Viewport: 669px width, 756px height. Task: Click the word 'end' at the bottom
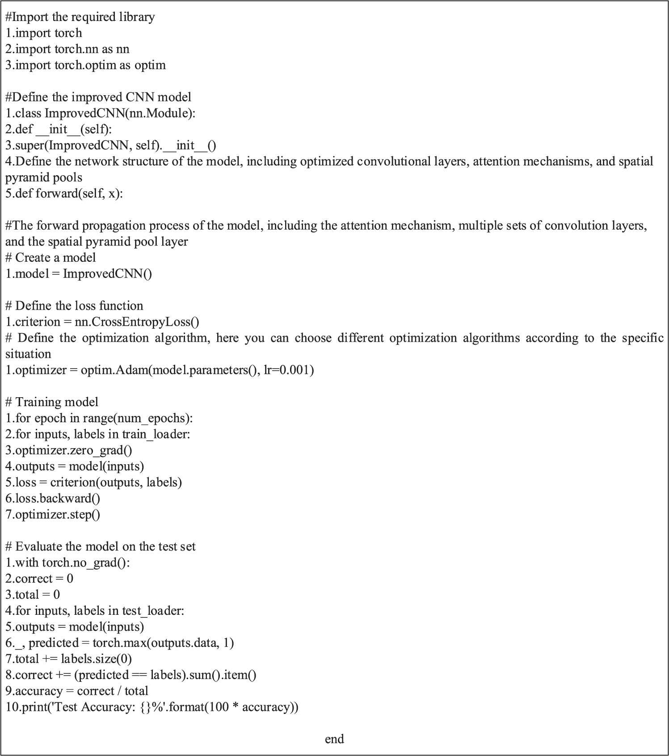click(x=334, y=739)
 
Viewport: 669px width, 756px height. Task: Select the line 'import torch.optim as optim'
click(x=85, y=65)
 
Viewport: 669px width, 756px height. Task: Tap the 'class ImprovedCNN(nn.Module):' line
click(x=101, y=113)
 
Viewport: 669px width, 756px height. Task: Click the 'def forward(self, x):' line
click(x=64, y=193)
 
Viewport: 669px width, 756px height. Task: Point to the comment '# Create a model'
click(x=50, y=258)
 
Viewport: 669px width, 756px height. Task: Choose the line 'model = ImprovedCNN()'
click(x=79, y=274)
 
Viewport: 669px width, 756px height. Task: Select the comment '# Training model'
click(x=52, y=402)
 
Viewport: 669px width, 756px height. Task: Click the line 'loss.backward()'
click(x=53, y=499)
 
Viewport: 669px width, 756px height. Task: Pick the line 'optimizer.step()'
click(x=53, y=515)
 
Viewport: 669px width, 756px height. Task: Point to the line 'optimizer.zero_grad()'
click(x=69, y=450)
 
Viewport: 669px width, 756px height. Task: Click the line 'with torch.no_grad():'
click(x=67, y=563)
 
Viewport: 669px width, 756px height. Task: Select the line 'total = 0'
click(x=33, y=595)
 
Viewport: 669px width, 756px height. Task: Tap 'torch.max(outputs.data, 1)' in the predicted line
click(x=163, y=643)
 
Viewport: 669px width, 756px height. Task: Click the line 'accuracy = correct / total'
click(x=77, y=691)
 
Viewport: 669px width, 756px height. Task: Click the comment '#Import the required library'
click(x=80, y=17)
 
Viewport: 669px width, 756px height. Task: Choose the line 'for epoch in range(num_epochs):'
click(x=99, y=418)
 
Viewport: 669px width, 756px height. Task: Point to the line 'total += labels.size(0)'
click(x=68, y=659)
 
